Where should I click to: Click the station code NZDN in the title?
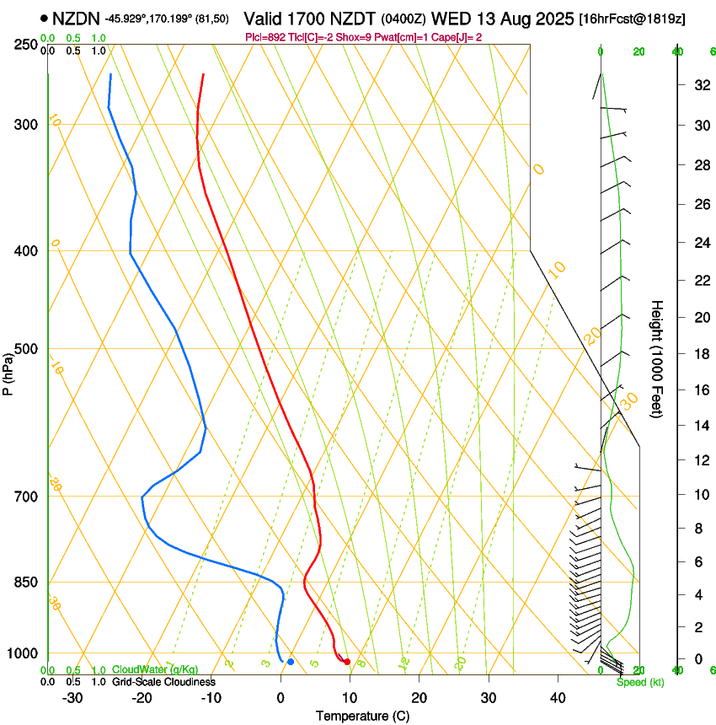click(x=76, y=17)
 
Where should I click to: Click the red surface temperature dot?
click(x=347, y=662)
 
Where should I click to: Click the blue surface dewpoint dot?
click(x=290, y=662)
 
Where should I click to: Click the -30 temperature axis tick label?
click(x=72, y=697)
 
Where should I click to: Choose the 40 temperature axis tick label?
click(x=558, y=697)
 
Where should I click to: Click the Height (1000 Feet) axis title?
click(x=657, y=358)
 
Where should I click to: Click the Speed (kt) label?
click(x=639, y=682)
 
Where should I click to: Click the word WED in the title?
click(x=448, y=17)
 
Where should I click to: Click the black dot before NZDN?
click(x=44, y=17)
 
